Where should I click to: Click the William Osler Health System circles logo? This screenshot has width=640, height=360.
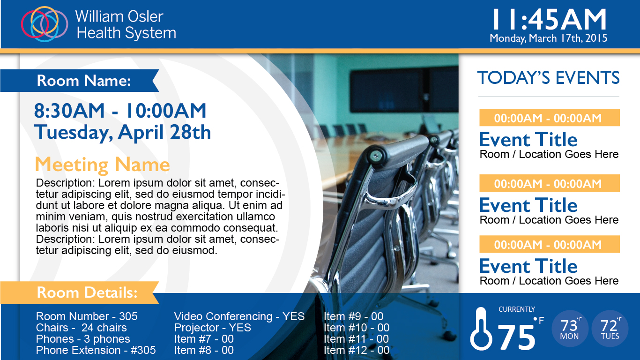(x=45, y=24)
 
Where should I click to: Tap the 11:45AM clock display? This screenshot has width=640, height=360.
(x=549, y=19)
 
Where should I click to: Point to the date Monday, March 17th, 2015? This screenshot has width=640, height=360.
(x=549, y=38)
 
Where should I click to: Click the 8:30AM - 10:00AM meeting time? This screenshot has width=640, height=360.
(x=120, y=111)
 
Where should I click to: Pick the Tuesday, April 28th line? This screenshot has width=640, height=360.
(x=122, y=132)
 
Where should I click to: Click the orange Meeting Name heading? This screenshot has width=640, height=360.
(x=102, y=165)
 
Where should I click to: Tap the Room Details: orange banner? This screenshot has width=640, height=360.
(x=80, y=292)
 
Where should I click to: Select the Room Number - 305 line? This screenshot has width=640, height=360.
(x=87, y=316)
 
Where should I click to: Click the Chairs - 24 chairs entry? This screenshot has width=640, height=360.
(x=81, y=328)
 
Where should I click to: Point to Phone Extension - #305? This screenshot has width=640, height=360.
(x=96, y=350)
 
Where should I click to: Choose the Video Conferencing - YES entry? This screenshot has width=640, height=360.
(x=239, y=316)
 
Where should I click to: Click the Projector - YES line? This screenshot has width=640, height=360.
(x=213, y=328)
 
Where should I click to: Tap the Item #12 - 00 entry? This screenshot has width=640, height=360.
(x=357, y=350)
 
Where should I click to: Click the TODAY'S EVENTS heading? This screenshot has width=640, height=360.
(x=548, y=78)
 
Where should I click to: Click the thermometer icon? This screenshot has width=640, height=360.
(x=481, y=329)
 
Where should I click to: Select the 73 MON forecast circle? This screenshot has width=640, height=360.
(x=570, y=329)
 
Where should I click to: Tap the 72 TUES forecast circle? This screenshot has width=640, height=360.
(x=610, y=329)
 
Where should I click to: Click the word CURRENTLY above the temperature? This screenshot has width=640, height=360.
(x=517, y=309)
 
